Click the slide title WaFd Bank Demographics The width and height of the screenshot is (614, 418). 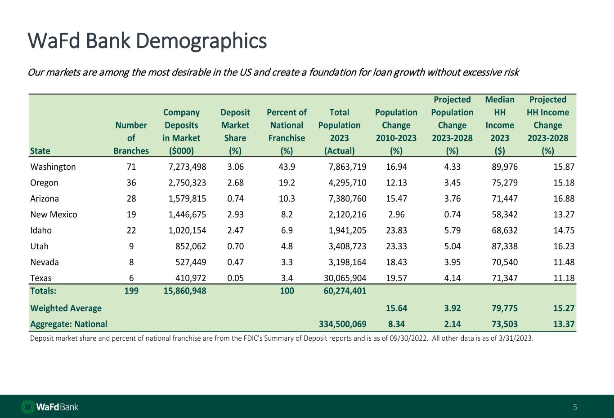(x=147, y=41)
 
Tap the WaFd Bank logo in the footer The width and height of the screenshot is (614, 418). (x=50, y=407)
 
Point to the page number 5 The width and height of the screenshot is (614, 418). (x=575, y=408)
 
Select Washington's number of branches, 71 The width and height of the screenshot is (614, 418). (x=131, y=167)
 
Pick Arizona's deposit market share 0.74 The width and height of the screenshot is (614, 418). (x=235, y=198)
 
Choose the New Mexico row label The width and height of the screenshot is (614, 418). (x=54, y=215)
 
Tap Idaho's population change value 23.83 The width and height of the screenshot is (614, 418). (x=396, y=230)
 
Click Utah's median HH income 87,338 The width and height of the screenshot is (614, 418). (x=505, y=246)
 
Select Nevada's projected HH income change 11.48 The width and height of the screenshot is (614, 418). (x=564, y=262)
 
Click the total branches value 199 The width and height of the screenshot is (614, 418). (x=131, y=290)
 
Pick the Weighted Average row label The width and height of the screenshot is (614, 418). (x=66, y=308)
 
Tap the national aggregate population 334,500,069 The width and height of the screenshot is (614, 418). (x=343, y=324)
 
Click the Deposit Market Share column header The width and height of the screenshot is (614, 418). (x=235, y=125)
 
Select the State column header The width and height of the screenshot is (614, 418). (x=40, y=151)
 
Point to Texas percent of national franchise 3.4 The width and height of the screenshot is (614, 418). (x=287, y=278)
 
